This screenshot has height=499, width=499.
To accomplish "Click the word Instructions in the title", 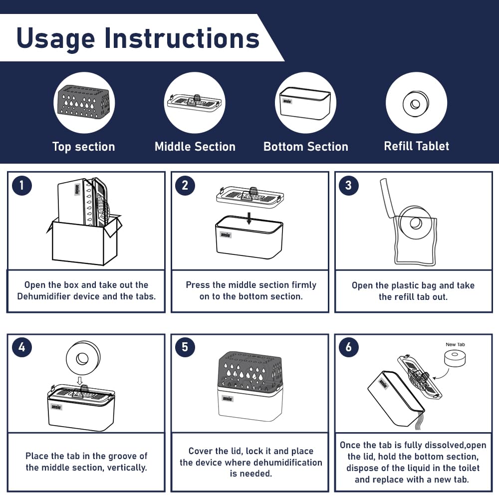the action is click(x=182, y=38).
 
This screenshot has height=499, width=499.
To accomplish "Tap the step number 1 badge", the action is click(x=21, y=185).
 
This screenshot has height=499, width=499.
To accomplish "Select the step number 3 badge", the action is click(x=348, y=185).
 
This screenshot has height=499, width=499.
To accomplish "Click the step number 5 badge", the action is click(x=185, y=347).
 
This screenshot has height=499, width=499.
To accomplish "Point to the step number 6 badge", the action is click(x=348, y=347).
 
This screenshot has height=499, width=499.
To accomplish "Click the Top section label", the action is click(x=84, y=147).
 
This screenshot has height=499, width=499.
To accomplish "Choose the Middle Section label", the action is click(x=195, y=147).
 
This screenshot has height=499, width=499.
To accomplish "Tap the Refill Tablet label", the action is click(x=417, y=146).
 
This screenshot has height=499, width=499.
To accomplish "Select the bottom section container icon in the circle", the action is click(x=305, y=103).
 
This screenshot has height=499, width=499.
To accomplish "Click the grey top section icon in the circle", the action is click(x=83, y=100).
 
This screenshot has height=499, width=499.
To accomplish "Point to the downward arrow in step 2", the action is click(x=249, y=219).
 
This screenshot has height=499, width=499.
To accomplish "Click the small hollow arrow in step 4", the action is click(x=80, y=381).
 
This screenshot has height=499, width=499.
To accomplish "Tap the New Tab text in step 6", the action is click(x=455, y=344).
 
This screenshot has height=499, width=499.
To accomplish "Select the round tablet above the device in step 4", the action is click(x=83, y=358).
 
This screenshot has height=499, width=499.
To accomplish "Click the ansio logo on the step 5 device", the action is click(x=228, y=398).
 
